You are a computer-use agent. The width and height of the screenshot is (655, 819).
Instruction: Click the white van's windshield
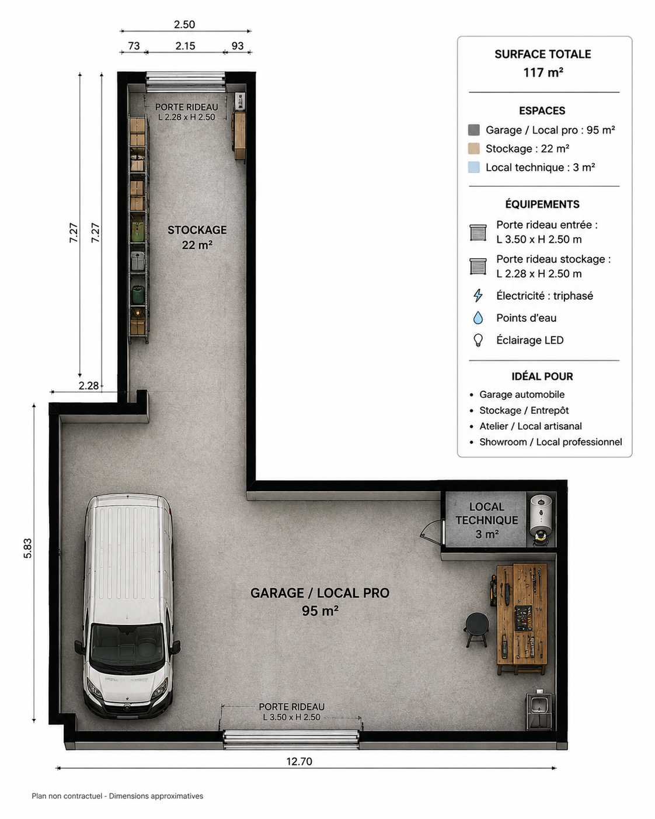[x=127, y=643]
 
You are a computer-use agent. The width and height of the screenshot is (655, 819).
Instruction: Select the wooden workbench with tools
[x=521, y=619]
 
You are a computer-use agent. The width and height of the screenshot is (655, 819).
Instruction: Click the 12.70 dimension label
[x=299, y=762]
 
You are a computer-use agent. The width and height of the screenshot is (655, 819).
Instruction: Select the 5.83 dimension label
[x=28, y=549]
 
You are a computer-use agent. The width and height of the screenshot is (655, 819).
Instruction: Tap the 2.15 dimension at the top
[x=185, y=46]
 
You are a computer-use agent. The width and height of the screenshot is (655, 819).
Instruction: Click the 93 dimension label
[x=238, y=46]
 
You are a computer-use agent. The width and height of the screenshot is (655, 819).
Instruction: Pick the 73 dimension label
[x=134, y=46]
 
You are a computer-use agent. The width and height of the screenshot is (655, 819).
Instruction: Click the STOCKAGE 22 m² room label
[x=197, y=237]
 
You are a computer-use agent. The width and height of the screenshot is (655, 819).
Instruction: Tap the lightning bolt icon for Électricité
[x=478, y=296]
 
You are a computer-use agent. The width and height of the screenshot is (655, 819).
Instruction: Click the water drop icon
[x=478, y=318]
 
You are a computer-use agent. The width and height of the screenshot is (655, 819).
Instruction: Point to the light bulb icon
[x=478, y=340]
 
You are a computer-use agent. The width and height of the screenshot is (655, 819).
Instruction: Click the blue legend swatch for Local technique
[x=474, y=168]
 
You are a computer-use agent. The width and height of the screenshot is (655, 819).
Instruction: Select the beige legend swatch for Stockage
[x=474, y=148]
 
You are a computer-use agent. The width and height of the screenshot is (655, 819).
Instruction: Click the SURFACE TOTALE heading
[x=543, y=54]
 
